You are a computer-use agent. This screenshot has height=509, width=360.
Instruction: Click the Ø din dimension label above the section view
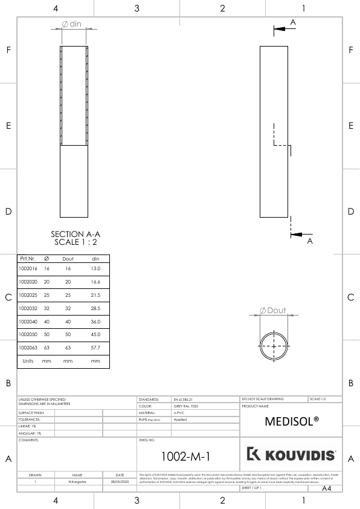pyautogui.click(x=72, y=24)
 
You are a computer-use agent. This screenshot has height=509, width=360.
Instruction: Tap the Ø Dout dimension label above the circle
pyautogui.click(x=273, y=310)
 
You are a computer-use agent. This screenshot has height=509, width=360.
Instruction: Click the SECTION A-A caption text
pyautogui.click(x=76, y=234)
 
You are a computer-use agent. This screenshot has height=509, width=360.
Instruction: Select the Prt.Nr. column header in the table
pyautogui.click(x=28, y=259)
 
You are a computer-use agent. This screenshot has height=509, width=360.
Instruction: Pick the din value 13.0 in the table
pyautogui.click(x=95, y=268)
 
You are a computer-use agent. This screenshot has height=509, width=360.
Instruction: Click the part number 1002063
pyautogui.click(x=28, y=348)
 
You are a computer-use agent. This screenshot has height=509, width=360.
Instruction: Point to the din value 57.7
pyautogui.click(x=95, y=348)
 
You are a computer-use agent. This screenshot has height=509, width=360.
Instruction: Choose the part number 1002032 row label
pyautogui.click(x=28, y=308)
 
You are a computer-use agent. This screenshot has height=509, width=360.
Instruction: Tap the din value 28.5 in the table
pyautogui.click(x=95, y=308)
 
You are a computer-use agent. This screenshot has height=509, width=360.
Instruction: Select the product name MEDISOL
pyautogui.click(x=292, y=421)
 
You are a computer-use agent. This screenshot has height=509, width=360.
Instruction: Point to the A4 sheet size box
pyautogui.click(x=327, y=488)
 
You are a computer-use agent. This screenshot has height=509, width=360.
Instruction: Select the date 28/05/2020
pyautogui.click(x=121, y=482)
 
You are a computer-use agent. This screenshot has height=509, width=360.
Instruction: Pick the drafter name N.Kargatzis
pyautogui.click(x=77, y=482)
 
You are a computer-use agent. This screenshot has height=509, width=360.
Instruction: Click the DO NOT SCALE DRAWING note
pyautogui.click(x=263, y=399)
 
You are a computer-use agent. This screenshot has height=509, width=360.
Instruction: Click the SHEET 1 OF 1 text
pyautogui.click(x=251, y=487)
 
